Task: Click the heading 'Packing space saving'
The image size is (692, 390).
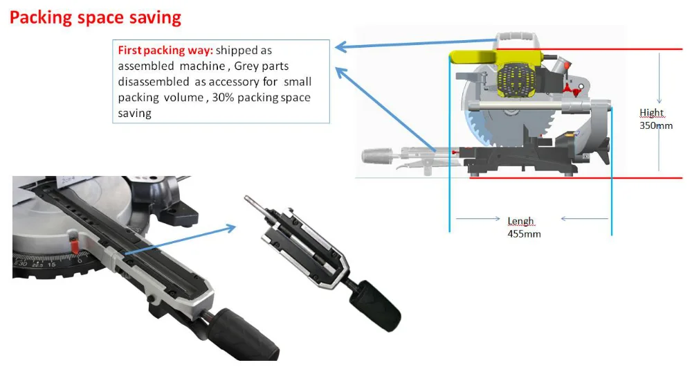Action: click(x=95, y=17)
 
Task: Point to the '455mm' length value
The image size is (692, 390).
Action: click(x=524, y=234)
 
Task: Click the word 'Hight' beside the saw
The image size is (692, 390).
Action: click(x=651, y=113)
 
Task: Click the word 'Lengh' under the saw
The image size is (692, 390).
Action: click(x=521, y=221)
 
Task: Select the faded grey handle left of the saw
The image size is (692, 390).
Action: click(x=388, y=154)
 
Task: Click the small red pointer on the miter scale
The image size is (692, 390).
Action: click(x=74, y=244)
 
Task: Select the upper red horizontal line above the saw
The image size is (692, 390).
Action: click(x=623, y=50)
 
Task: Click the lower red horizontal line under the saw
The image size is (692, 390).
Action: click(x=623, y=178)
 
